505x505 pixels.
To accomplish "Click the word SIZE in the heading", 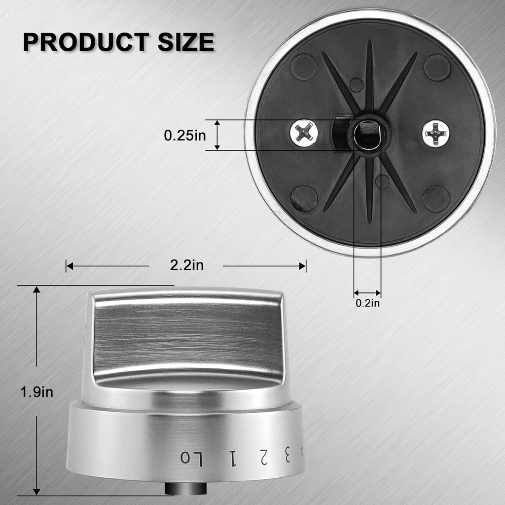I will pyautogui.click(x=186, y=42).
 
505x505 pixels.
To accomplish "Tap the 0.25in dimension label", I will pyautogui.click(x=185, y=135).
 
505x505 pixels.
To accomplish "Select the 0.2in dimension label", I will pyautogui.click(x=368, y=303).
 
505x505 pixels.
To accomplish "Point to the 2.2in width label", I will pyautogui.click(x=186, y=265).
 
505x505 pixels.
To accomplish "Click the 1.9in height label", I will pyautogui.click(x=36, y=392).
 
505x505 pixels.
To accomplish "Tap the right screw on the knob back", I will pyautogui.click(x=436, y=133).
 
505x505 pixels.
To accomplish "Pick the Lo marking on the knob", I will pyautogui.click(x=191, y=457).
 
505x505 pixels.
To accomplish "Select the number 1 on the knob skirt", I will pyautogui.click(x=231, y=459).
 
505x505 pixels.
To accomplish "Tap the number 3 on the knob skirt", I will pyautogui.click(x=287, y=457).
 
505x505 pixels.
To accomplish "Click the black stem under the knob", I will pyautogui.click(x=185, y=488).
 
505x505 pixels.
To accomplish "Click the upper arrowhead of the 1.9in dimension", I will pyautogui.click(x=36, y=290).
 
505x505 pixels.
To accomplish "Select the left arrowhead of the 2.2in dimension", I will pyautogui.click(x=70, y=266).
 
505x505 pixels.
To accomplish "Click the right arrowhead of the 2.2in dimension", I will pyautogui.click(x=302, y=266).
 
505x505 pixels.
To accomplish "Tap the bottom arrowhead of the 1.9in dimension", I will pyautogui.click(x=36, y=491).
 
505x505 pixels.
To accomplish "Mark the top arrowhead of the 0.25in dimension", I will pyautogui.click(x=217, y=123).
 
